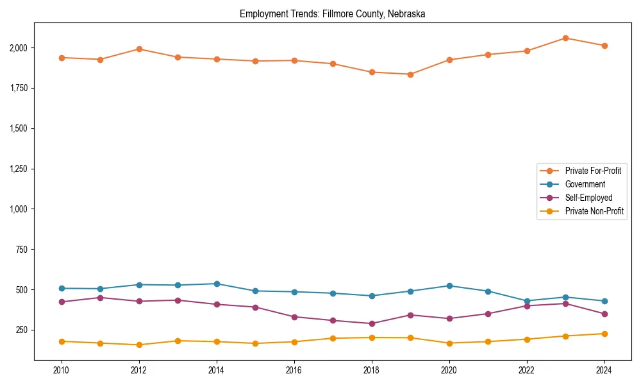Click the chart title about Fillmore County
coord(332,13)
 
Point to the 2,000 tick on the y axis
coord(18,48)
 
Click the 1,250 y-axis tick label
coord(18,169)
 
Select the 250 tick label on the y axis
coord(22,330)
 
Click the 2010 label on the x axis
coord(62,370)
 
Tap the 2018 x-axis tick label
coord(372,370)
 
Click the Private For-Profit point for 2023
coord(565,38)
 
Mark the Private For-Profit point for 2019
coord(410,74)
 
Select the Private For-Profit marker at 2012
coord(139,49)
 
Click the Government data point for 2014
coord(217,284)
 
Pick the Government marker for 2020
coord(449,286)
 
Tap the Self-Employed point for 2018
coord(372,323)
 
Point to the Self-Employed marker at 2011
coord(100,298)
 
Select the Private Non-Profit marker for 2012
coord(139,345)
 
